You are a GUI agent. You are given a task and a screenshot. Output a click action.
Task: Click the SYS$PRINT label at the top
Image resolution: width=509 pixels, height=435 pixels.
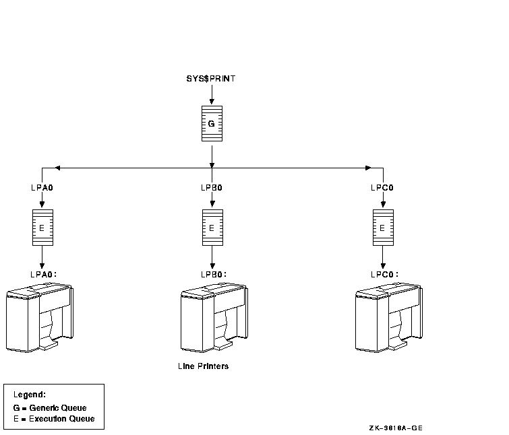[211, 79]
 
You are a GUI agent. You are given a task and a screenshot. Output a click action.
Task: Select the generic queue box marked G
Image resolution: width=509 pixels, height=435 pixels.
[212, 124]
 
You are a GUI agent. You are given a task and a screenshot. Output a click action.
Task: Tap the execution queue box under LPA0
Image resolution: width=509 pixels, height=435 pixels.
[42, 228]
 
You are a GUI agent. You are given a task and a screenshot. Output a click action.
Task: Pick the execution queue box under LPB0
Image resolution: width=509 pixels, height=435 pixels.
[212, 228]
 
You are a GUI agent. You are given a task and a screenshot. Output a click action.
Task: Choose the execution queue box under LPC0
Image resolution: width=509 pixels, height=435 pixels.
[382, 228]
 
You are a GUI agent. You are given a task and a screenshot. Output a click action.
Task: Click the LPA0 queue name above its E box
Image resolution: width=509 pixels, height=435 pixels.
[42, 188]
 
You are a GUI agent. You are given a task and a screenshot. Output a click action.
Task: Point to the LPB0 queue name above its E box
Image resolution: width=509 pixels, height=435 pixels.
[212, 188]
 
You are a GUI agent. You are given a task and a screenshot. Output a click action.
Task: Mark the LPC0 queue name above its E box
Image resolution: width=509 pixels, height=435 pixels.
[382, 188]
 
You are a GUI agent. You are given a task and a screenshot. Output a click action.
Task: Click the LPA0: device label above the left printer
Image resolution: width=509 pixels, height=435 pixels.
[43, 274]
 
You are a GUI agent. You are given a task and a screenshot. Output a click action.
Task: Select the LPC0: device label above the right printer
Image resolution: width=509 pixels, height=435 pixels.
[384, 274]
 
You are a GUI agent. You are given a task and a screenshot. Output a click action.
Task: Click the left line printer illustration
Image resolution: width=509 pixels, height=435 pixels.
[39, 316]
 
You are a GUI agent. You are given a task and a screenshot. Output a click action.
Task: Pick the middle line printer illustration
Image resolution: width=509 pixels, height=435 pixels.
[214, 316]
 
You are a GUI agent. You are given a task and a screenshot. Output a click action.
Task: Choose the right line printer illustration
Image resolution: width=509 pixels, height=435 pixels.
[389, 316]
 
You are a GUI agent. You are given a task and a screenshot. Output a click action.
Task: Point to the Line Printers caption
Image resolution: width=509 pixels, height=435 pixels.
[203, 367]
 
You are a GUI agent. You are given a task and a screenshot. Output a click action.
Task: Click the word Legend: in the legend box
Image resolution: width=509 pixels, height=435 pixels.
[30, 395]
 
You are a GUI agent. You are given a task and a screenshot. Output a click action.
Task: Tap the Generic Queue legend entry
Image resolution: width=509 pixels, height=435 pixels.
[50, 408]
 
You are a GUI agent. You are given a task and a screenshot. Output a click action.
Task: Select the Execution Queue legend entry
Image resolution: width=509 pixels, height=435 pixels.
[53, 419]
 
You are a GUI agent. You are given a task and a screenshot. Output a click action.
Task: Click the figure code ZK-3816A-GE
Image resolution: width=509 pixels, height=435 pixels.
[396, 428]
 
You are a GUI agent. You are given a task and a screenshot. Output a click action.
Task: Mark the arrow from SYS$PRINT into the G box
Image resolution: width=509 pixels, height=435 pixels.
[212, 95]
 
